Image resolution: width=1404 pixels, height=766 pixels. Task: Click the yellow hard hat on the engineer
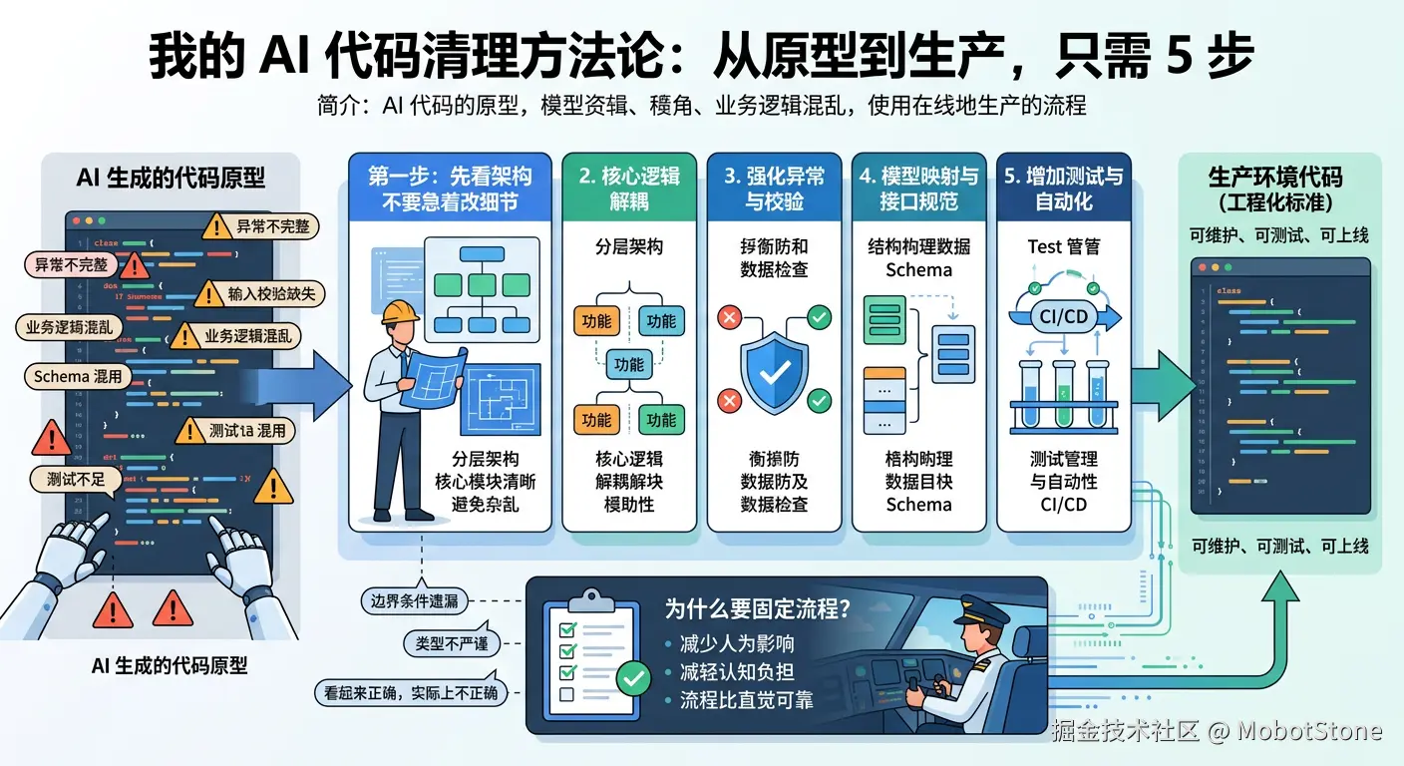tap(401, 312)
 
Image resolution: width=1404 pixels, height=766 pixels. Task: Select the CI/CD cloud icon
tap(1063, 316)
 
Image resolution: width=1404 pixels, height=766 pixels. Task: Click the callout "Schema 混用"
tap(78, 376)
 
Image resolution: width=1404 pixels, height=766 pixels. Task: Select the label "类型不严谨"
tap(451, 643)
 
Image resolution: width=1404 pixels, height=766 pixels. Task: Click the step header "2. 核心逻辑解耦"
tap(629, 189)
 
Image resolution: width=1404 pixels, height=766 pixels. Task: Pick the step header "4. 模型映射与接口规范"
tap(919, 189)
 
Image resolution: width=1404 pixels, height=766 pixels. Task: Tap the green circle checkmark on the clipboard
tap(632, 678)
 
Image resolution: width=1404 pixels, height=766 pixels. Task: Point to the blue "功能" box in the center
tap(629, 365)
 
